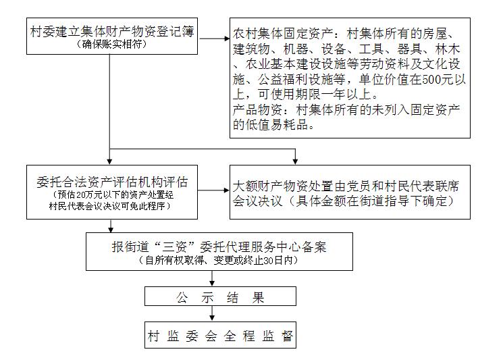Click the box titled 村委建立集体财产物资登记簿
tap(111, 36)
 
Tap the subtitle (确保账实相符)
tap(111, 44)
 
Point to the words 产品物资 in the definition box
tap(257, 109)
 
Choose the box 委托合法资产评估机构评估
tap(111, 192)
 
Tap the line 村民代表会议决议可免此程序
tap(109, 206)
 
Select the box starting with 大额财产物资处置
tap(350, 192)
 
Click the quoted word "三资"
tap(174, 247)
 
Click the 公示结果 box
tap(220, 296)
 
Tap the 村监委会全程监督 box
tap(220, 335)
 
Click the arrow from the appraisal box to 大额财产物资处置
tap(213, 190)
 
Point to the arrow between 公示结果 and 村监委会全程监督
tap(212, 313)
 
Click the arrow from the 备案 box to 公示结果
tap(212, 278)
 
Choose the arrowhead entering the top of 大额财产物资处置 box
tap(295, 161)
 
